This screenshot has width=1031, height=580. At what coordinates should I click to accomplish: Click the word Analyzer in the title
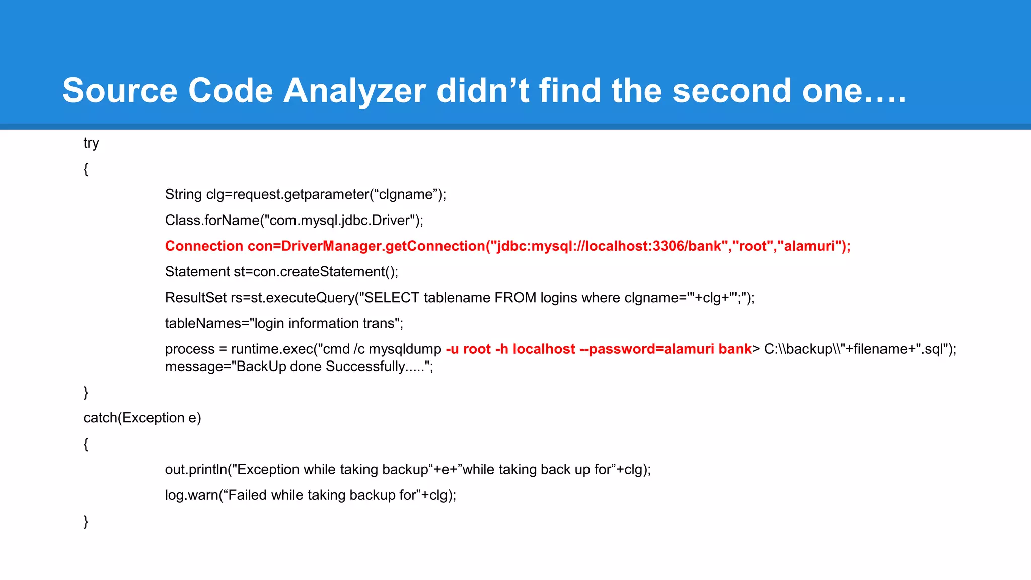coord(354,91)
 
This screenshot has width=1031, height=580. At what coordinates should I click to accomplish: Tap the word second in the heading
coord(732,91)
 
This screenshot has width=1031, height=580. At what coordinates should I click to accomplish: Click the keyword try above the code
coord(91,143)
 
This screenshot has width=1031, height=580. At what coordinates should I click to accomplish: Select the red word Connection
coord(204,246)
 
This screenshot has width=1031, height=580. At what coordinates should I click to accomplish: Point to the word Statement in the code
coord(197,272)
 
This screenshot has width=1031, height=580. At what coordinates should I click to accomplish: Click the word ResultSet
coord(196,298)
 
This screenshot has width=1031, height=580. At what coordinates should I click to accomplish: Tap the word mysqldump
coord(405,349)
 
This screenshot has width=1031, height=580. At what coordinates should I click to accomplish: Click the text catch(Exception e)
coord(142,418)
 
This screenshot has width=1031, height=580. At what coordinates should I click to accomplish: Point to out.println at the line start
coord(196,470)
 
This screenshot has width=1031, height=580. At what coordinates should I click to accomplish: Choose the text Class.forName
coord(211,221)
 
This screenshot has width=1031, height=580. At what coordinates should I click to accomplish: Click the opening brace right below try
coord(86,169)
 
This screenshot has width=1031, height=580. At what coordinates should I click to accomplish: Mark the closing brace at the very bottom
coord(86,521)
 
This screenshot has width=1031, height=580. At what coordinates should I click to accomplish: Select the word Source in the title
coord(119,91)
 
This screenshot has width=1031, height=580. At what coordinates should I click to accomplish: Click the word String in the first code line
coord(183,195)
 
